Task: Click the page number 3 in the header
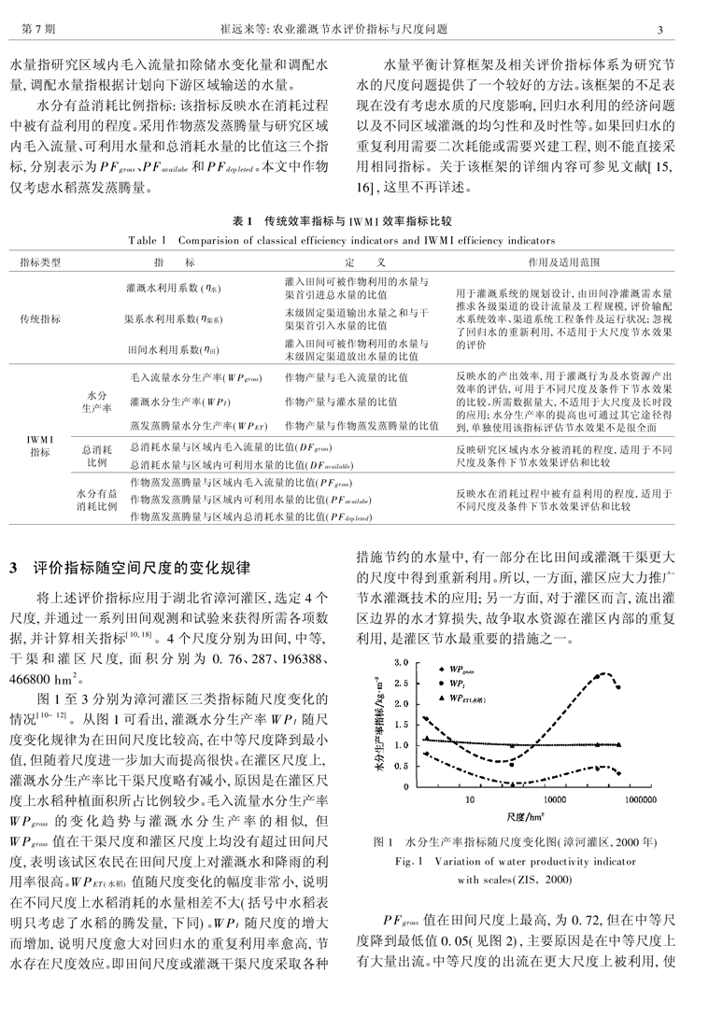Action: (686, 30)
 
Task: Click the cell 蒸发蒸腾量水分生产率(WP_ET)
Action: (193, 425)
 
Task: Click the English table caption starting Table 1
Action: (361, 240)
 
